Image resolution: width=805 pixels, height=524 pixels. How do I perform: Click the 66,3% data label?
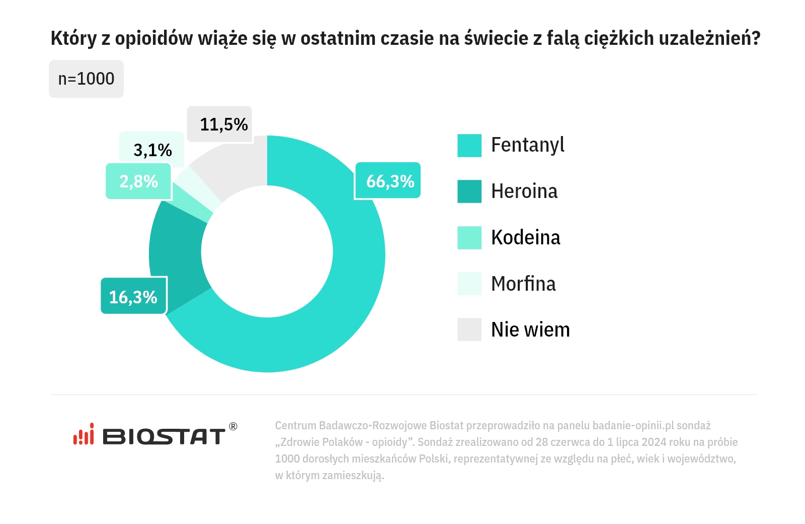click(387, 181)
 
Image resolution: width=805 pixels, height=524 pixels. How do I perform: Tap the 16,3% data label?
click(133, 297)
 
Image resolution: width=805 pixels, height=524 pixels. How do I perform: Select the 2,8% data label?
click(138, 181)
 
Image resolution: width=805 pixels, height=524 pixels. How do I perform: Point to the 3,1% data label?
click(152, 150)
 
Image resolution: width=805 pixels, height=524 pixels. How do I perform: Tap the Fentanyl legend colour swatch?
click(469, 146)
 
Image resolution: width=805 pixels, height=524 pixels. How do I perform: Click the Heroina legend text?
click(524, 191)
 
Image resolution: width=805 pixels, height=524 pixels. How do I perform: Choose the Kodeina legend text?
click(525, 238)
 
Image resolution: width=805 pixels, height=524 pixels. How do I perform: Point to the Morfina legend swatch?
click(469, 284)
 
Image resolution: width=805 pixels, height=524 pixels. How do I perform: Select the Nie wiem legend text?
click(530, 330)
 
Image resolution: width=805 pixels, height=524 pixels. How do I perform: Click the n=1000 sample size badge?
click(86, 79)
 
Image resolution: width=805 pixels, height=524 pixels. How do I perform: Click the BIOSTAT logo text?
click(164, 436)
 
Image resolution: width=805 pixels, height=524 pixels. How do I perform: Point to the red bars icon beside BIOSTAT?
click(84, 434)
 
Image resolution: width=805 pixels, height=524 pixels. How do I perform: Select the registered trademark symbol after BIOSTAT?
click(233, 426)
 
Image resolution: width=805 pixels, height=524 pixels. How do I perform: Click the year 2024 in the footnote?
click(653, 442)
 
